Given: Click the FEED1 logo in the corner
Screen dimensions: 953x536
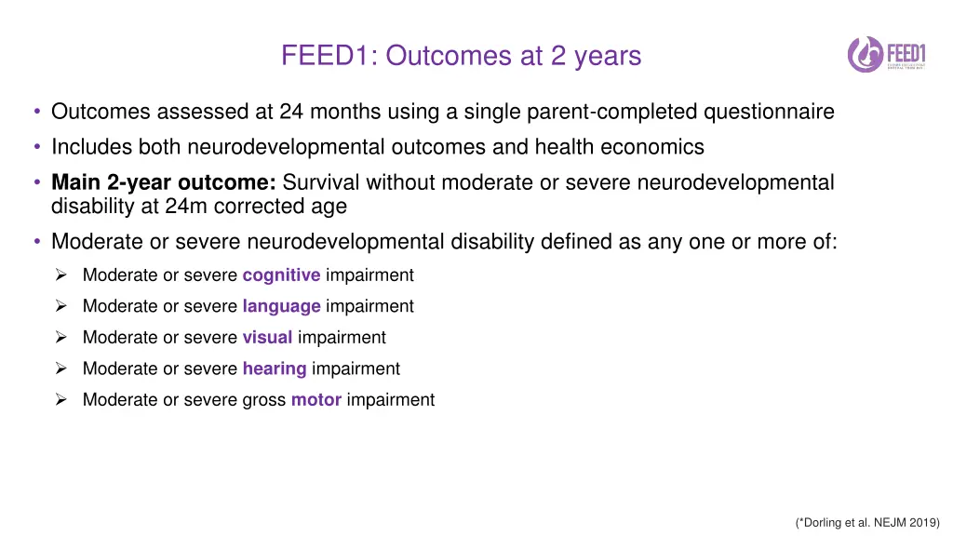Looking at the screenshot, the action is click(x=887, y=54).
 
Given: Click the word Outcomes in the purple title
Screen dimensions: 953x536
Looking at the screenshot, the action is click(x=449, y=56).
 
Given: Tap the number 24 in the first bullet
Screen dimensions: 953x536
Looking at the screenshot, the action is click(x=291, y=112).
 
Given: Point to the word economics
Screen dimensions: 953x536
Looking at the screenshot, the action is click(x=652, y=147).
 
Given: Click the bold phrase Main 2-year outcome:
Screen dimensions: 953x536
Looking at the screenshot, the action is click(x=164, y=182).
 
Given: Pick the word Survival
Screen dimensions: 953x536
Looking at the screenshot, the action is click(x=321, y=182).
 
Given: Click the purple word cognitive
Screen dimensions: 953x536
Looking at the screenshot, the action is click(x=281, y=275).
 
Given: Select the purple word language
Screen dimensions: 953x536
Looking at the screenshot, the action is click(x=281, y=306).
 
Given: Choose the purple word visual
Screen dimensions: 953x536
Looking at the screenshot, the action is click(x=267, y=337).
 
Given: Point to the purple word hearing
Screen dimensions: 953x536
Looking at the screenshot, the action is click(x=275, y=368).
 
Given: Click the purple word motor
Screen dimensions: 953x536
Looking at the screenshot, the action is click(x=316, y=400).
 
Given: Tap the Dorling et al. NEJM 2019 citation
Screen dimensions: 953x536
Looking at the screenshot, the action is click(x=867, y=523).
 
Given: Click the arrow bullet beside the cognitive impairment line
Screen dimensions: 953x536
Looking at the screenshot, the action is click(x=60, y=275).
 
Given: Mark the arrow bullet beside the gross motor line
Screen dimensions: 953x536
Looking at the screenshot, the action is click(x=60, y=400).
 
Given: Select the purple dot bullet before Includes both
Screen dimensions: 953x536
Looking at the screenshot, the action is click(x=37, y=147).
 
